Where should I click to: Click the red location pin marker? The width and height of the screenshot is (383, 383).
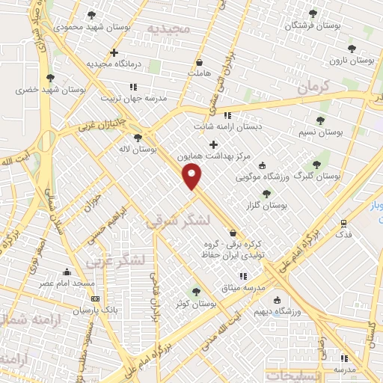click(x=193, y=177)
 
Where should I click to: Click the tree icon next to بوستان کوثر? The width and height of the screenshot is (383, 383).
click(x=196, y=292)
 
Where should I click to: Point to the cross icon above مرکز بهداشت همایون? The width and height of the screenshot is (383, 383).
click(x=213, y=144)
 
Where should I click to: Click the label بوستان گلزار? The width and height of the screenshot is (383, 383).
click(x=266, y=205)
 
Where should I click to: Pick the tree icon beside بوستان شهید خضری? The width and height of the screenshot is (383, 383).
click(x=50, y=77)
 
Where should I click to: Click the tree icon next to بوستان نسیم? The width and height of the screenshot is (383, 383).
click(x=320, y=120)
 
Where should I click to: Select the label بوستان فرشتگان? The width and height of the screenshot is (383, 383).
click(x=313, y=26)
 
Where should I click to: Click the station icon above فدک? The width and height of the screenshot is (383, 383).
click(x=343, y=223)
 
